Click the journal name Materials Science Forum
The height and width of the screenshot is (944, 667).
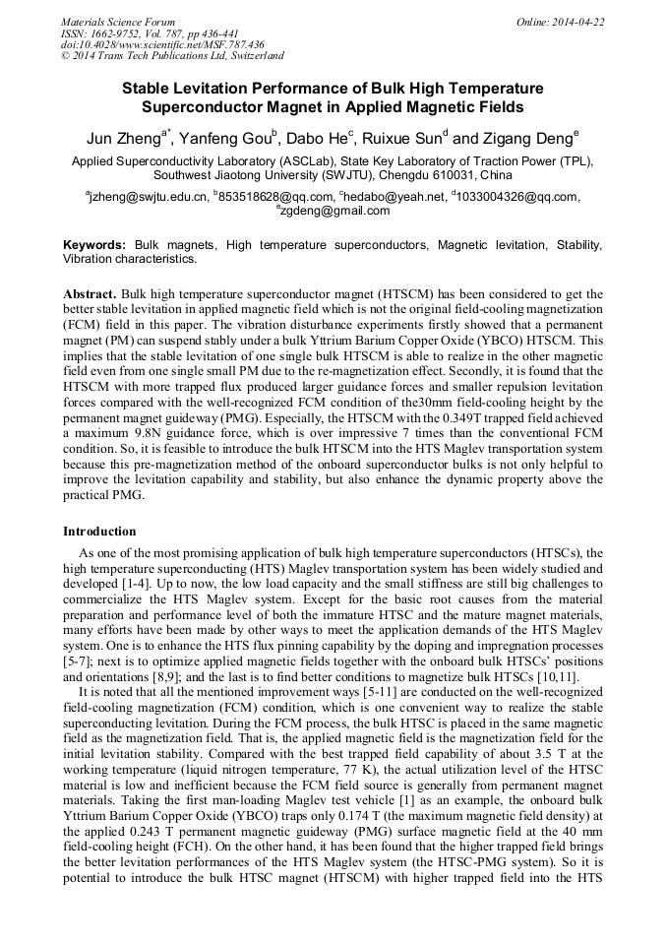(118, 22)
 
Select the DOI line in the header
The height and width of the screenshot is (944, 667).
(162, 44)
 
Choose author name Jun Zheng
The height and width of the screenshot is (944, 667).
(121, 137)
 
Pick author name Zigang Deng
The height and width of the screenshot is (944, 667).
(531, 137)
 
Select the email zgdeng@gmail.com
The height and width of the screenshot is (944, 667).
(335, 211)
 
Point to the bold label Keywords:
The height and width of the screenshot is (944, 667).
(94, 245)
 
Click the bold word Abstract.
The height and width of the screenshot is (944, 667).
(90, 294)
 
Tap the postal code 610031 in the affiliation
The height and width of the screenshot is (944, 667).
(455, 175)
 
